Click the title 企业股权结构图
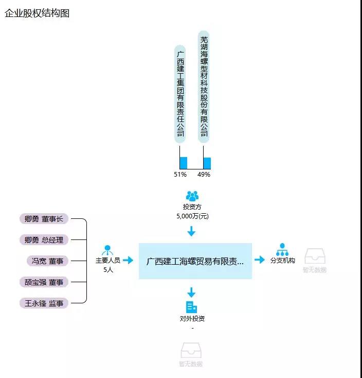(37, 13)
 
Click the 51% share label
(180, 175)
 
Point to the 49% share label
(204, 175)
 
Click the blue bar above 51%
(183, 163)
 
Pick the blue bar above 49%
(207, 163)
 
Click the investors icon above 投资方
(192, 196)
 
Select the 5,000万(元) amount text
(192, 216)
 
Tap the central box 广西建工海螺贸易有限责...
(195, 261)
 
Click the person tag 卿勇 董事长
(44, 219)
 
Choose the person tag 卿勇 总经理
(44, 240)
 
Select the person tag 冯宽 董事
(48, 261)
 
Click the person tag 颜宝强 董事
(44, 282)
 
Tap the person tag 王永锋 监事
(44, 303)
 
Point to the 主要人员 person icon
(108, 250)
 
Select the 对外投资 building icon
(192, 307)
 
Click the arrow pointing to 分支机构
(260, 260)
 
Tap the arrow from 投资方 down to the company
(192, 231)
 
